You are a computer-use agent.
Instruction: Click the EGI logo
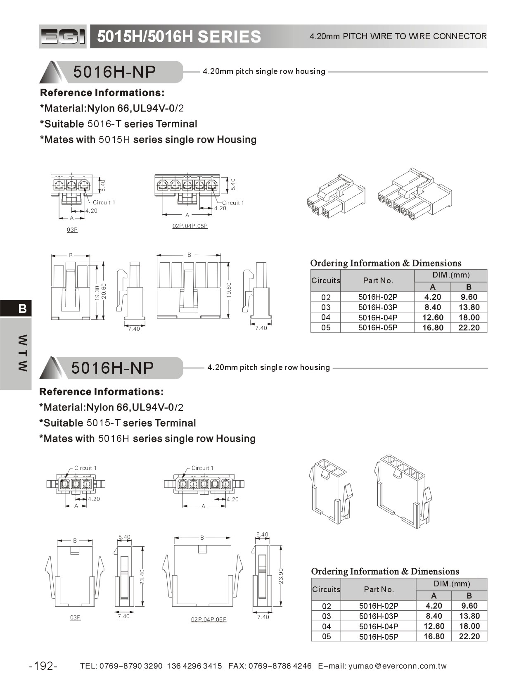(x=63, y=37)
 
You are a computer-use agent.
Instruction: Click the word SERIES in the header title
(x=229, y=37)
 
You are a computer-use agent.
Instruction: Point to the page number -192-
(x=43, y=666)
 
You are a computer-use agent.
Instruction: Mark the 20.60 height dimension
(x=104, y=291)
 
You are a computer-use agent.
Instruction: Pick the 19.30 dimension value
(x=97, y=292)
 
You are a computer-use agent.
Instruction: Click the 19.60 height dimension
(x=229, y=290)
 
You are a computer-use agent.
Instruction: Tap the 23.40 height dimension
(x=142, y=576)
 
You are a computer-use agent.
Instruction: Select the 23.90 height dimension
(x=281, y=576)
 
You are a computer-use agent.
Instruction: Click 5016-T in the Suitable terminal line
(x=104, y=124)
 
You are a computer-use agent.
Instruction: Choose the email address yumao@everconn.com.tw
(x=397, y=666)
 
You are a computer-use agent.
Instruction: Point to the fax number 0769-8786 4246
(x=280, y=666)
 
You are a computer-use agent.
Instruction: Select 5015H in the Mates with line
(x=114, y=140)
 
